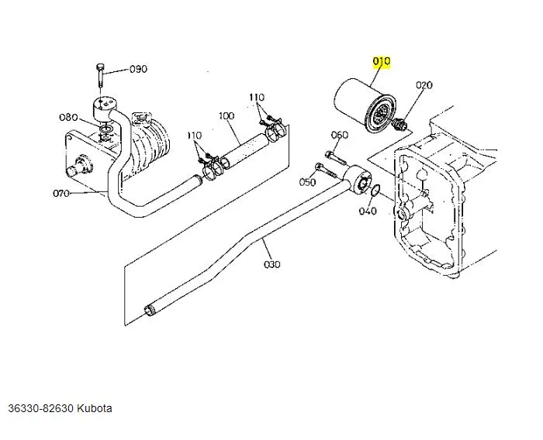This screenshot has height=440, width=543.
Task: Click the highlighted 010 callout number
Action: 382,61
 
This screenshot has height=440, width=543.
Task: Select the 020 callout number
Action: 424,85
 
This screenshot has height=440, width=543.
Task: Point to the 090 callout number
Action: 137,69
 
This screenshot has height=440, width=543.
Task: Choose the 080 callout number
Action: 68,118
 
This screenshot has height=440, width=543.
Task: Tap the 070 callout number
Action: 62,193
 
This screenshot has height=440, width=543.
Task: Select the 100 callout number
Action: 226,116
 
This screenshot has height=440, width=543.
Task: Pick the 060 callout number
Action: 340,135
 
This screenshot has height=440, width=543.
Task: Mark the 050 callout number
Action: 308,182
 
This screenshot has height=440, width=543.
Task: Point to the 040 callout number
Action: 368,211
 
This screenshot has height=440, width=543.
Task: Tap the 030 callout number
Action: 272,264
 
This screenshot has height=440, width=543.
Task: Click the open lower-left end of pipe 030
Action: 148,312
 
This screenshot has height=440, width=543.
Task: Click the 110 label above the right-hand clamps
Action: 257,98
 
